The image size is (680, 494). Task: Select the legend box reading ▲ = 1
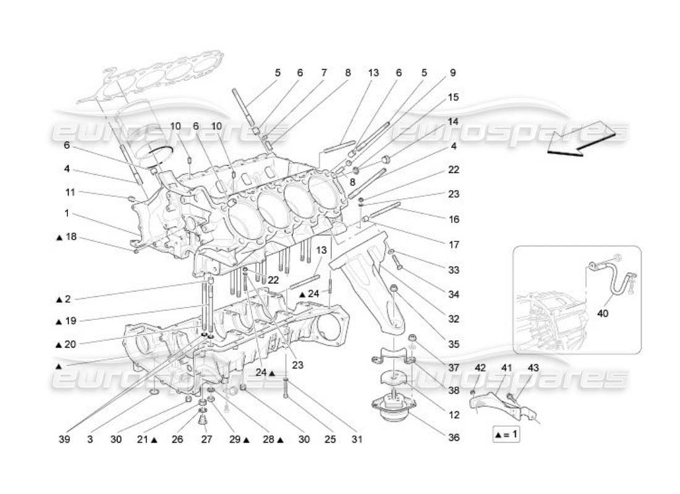pyautogui.click(x=506, y=434)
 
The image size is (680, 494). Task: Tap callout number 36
pyautogui.click(x=454, y=438)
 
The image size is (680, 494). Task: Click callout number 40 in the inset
pyautogui.click(x=603, y=314)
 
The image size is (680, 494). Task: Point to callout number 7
pyautogui.click(x=323, y=73)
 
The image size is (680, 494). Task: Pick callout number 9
pyautogui.click(x=453, y=73)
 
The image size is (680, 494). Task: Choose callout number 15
pyautogui.click(x=453, y=98)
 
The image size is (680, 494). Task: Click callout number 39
pyautogui.click(x=65, y=440)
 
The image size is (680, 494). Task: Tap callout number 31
pyautogui.click(x=356, y=440)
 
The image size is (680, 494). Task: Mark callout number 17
pyautogui.click(x=454, y=245)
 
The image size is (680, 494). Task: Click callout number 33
pyautogui.click(x=454, y=270)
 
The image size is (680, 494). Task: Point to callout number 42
pyautogui.click(x=480, y=368)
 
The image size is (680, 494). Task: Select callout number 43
pyautogui.click(x=533, y=368)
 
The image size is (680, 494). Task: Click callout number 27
pyautogui.click(x=205, y=440)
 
